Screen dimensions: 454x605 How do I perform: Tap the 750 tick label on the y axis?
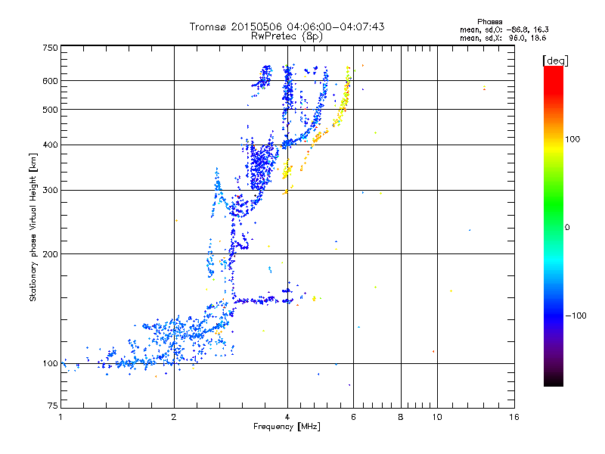(51, 48)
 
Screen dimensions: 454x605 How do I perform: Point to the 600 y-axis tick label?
(51, 81)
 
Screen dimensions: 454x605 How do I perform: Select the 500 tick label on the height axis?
(51, 110)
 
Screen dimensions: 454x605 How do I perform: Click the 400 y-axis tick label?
(51, 145)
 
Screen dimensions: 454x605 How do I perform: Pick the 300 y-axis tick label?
(51, 191)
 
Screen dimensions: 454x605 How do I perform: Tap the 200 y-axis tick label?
(51, 254)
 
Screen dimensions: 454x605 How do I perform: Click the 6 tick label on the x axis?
(353, 417)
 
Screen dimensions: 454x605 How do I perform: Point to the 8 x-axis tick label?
(401, 417)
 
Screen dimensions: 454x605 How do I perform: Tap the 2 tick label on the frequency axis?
(174, 417)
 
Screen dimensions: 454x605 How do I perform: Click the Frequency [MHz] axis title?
(287, 428)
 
